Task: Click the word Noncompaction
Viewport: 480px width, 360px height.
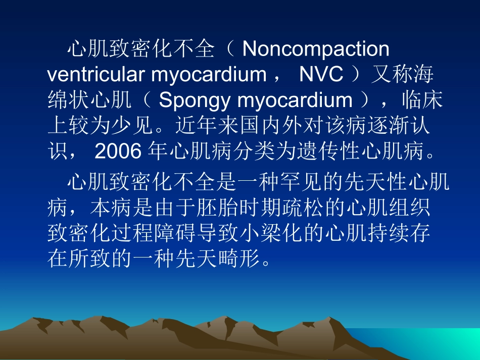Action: pos(316,49)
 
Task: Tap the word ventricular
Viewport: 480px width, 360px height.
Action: pos(97,75)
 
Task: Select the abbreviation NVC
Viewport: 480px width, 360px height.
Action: pos(321,75)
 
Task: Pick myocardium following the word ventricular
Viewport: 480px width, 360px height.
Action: pos(209,75)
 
